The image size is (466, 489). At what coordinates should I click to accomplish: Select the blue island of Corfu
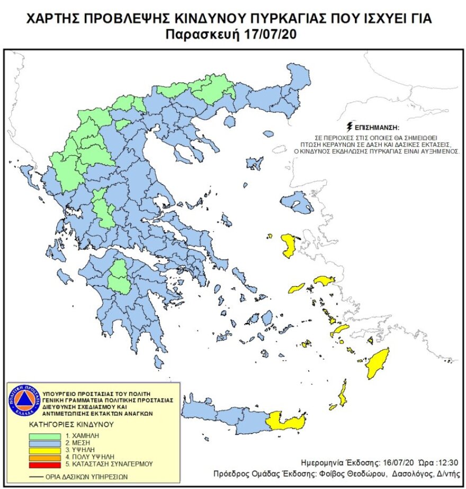24,173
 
